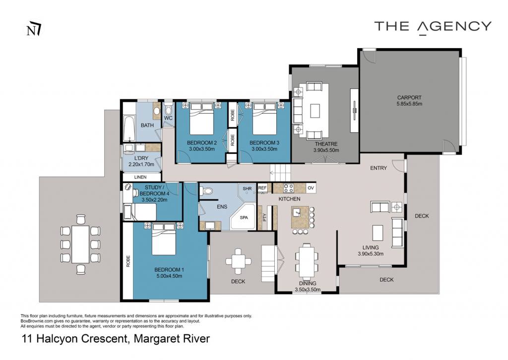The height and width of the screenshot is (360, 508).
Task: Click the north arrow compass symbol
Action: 34,29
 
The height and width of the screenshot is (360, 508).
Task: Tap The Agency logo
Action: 433,27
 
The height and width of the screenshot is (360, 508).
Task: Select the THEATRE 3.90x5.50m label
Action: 326,147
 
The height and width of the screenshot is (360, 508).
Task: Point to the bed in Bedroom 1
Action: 164,239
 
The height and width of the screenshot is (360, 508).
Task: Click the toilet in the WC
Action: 168,109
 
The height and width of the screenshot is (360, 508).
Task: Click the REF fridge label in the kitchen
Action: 262,188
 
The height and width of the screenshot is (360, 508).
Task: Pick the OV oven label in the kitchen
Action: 311,188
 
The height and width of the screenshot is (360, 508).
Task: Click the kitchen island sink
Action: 297,212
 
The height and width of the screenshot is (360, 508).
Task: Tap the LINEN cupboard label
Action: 140,177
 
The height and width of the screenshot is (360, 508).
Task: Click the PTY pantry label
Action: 264,217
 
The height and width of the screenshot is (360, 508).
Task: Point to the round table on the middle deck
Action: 238,261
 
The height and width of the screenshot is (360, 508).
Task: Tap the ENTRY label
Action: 379,168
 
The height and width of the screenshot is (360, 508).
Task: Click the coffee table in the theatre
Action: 315,111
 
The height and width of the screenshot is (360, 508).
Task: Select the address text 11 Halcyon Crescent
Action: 73,339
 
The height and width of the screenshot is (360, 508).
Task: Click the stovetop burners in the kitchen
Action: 289,188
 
